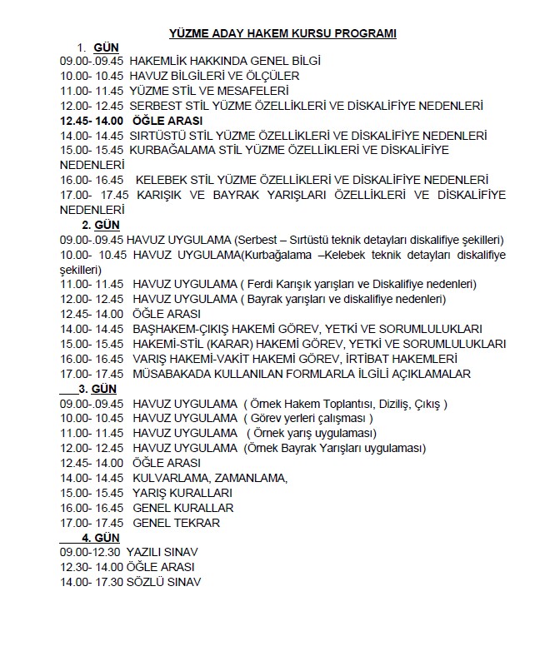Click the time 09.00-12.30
[x=90, y=552]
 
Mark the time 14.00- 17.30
[x=90, y=582]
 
